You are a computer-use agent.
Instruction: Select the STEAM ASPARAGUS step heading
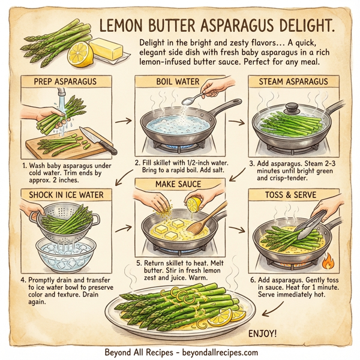click(x=293, y=82)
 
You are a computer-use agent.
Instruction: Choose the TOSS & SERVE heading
click(x=292, y=195)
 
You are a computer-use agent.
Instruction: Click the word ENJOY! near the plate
click(x=265, y=333)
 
